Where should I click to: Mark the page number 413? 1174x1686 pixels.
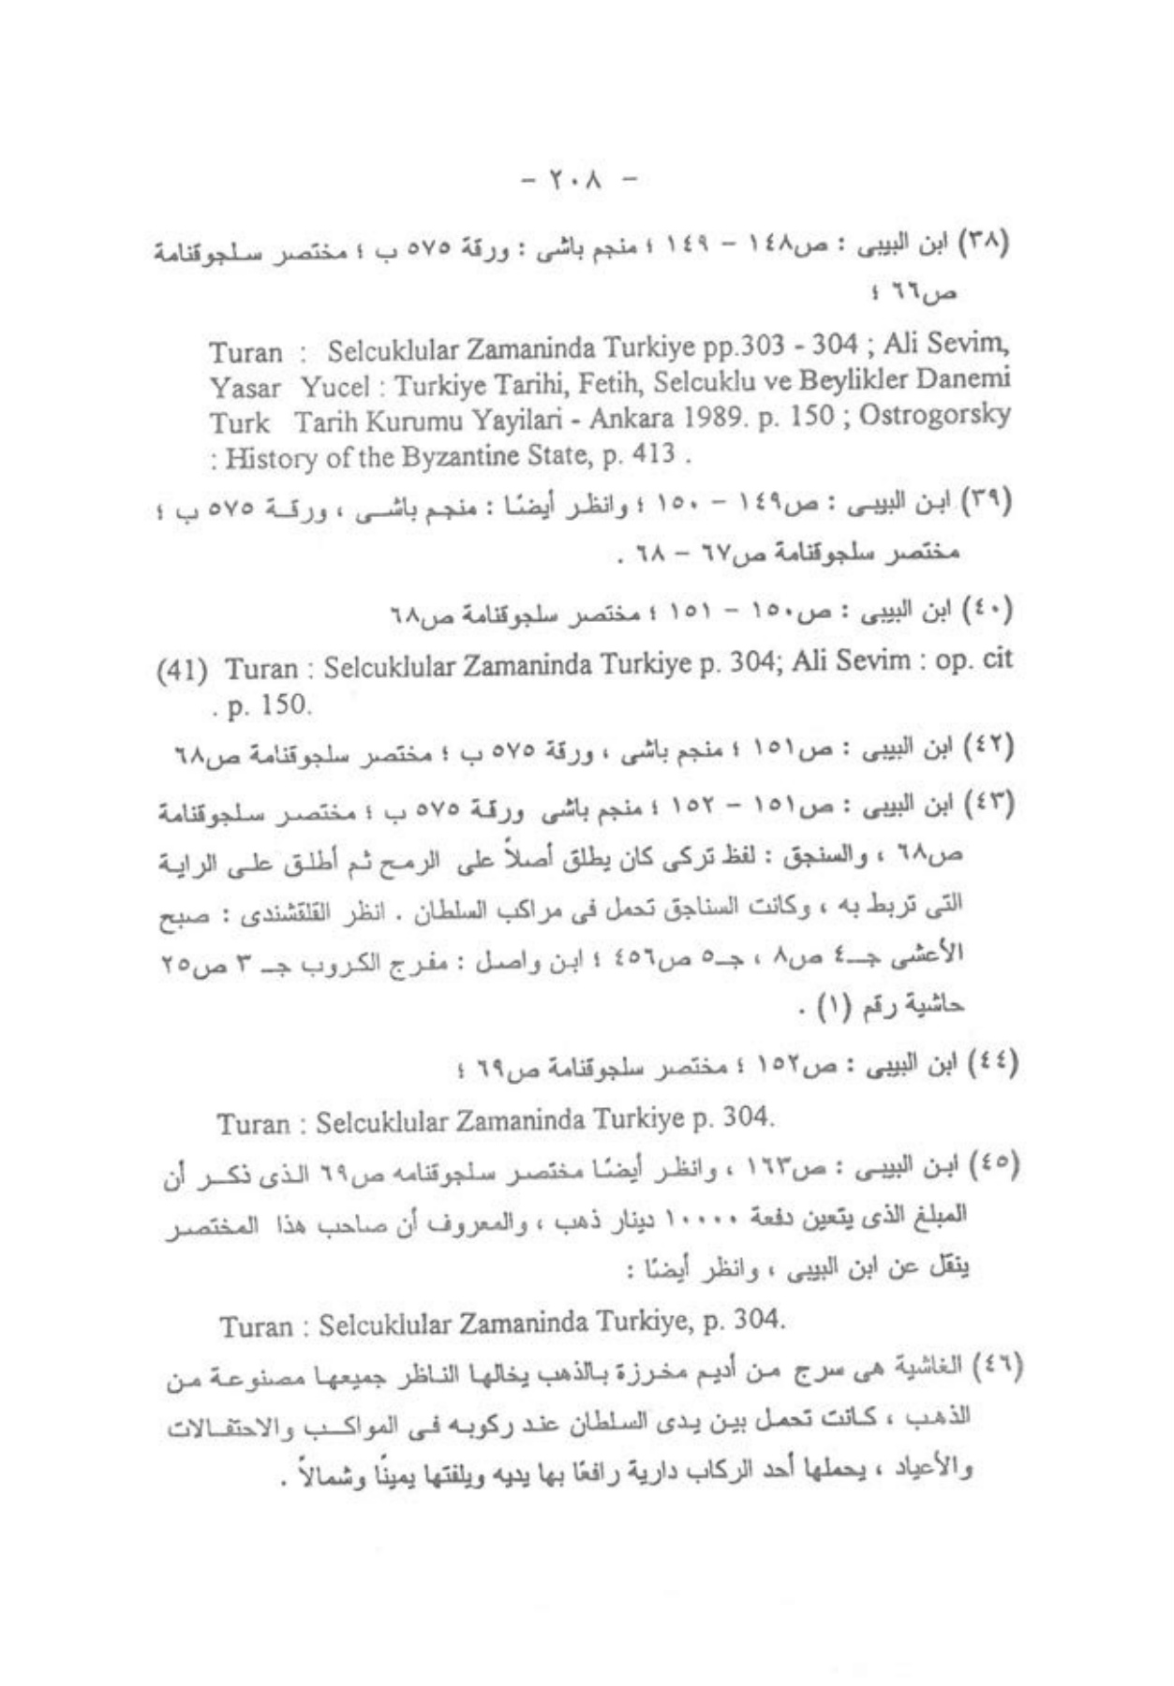[x=653, y=455]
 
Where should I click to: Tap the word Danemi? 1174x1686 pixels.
[x=966, y=379]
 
